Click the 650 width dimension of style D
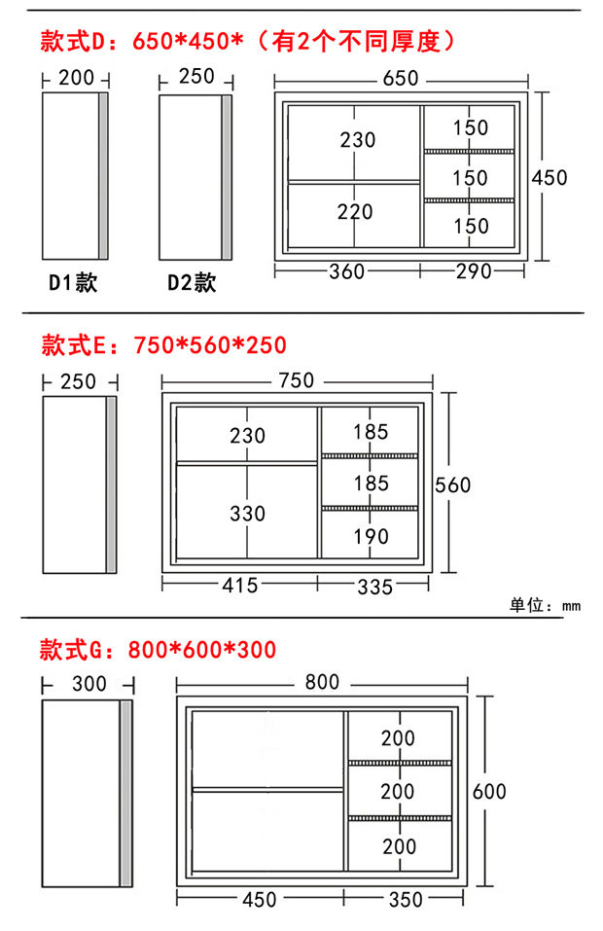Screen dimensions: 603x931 pos(400,79)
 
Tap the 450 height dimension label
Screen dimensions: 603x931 pos(550,178)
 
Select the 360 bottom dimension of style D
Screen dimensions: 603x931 pos(346,271)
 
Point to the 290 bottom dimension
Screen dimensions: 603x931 pos(474,271)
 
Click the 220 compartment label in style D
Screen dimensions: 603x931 pos(355,212)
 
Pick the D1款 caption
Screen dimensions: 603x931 pos(74,283)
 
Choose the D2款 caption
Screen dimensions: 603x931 pos(192,283)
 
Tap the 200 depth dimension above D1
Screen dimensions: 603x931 pos(77,79)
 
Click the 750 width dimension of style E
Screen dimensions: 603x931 pos(296,380)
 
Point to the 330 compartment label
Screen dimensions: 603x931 pos(247,513)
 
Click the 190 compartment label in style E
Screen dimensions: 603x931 pos(371,536)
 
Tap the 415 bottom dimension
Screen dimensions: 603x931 pos(240,585)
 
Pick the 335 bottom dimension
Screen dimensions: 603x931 pos(374,586)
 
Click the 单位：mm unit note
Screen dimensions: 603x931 pos(545,605)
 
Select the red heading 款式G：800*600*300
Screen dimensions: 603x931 pos(158,649)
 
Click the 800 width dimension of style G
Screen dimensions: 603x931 pos(322,683)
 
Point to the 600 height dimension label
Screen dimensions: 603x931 pos(489,791)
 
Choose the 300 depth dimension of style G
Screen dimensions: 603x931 pos(89,684)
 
